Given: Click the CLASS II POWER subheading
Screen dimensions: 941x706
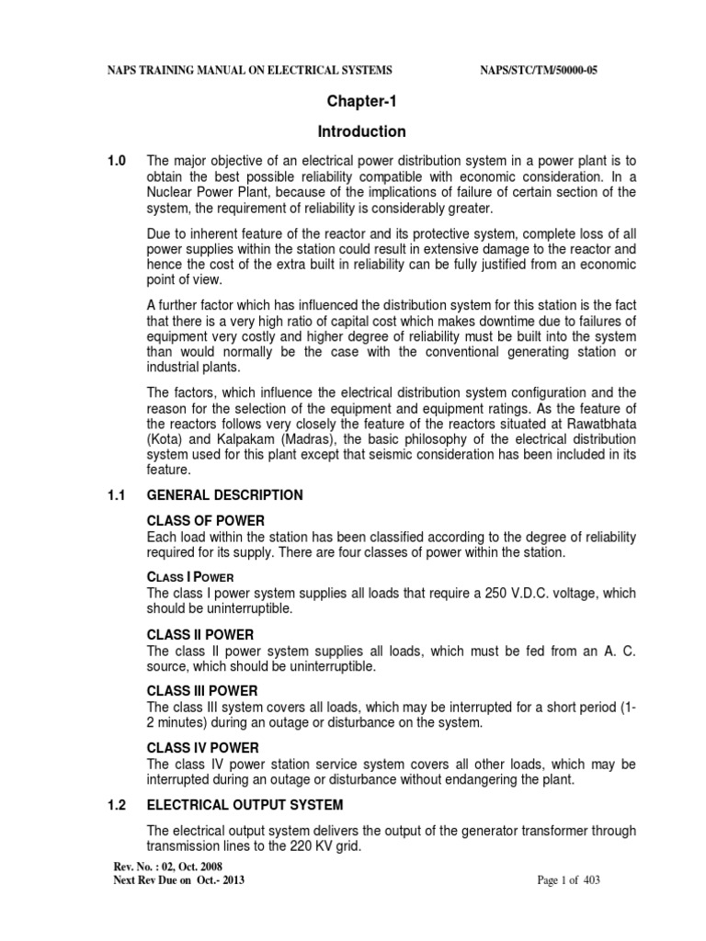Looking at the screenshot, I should click(201, 634).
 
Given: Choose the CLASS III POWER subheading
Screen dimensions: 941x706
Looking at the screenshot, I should click(203, 690).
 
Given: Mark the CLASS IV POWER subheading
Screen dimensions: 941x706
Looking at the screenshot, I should click(203, 747).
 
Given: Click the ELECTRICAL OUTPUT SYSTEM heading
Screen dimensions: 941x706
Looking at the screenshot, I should click(245, 805).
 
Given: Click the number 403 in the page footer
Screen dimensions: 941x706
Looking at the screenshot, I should click(592, 880).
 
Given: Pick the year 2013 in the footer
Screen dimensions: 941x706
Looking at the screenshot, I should click(230, 880).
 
